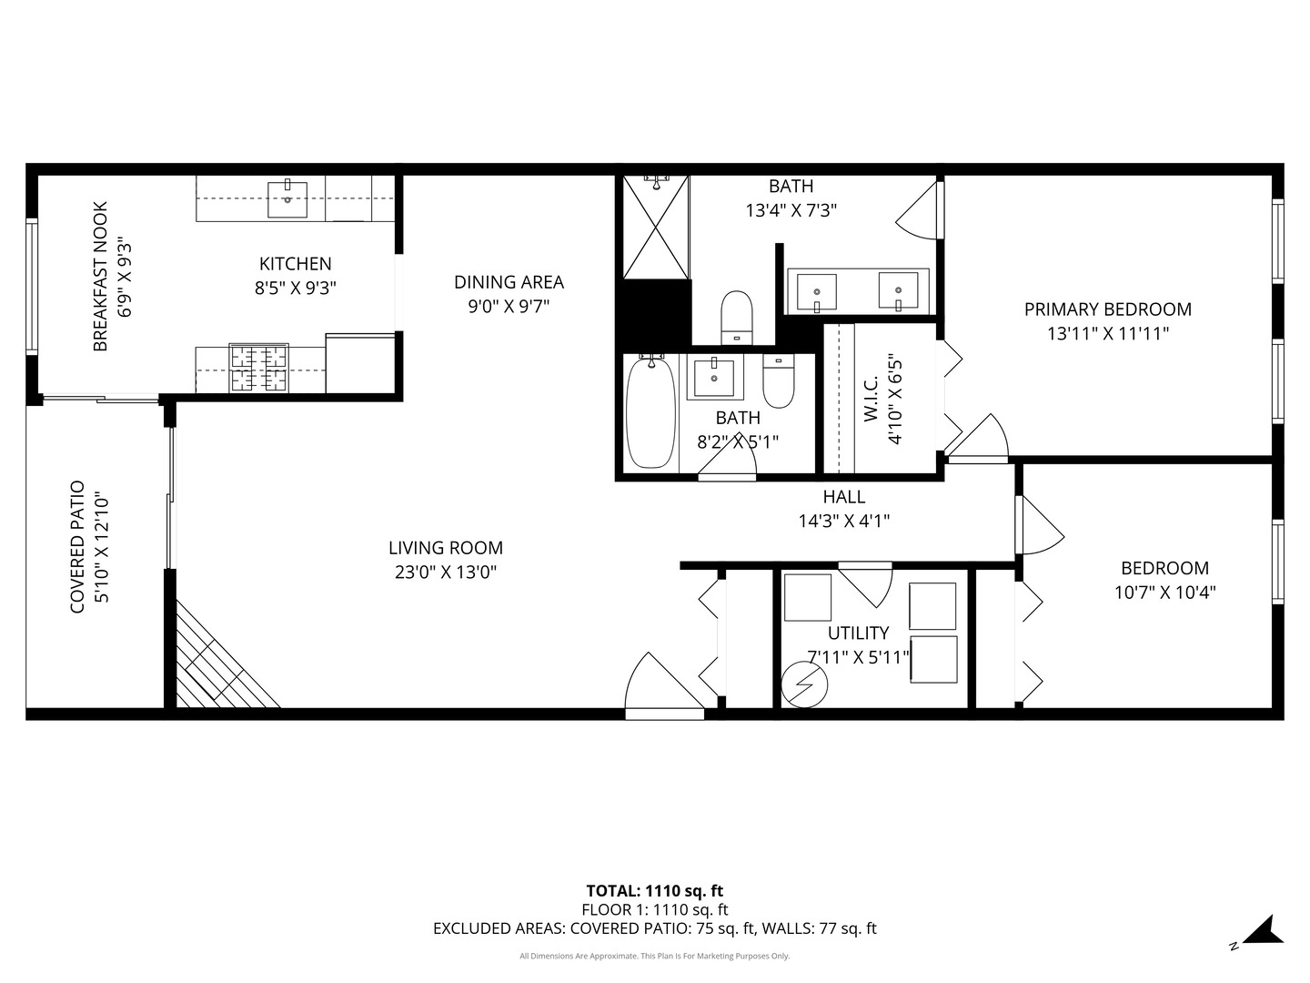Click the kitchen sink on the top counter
(x=287, y=199)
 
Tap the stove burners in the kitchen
(x=258, y=369)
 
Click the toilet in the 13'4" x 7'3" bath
(x=736, y=317)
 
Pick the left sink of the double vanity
(x=817, y=292)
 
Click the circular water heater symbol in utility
(x=804, y=684)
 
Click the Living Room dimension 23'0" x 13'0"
(x=445, y=573)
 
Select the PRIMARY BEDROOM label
(x=1107, y=309)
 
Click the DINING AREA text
(x=509, y=282)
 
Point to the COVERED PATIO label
(x=78, y=546)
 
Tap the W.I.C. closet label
(x=871, y=399)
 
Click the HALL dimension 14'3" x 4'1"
(x=843, y=522)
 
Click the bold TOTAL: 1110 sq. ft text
(x=654, y=891)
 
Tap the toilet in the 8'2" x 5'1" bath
(x=779, y=383)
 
